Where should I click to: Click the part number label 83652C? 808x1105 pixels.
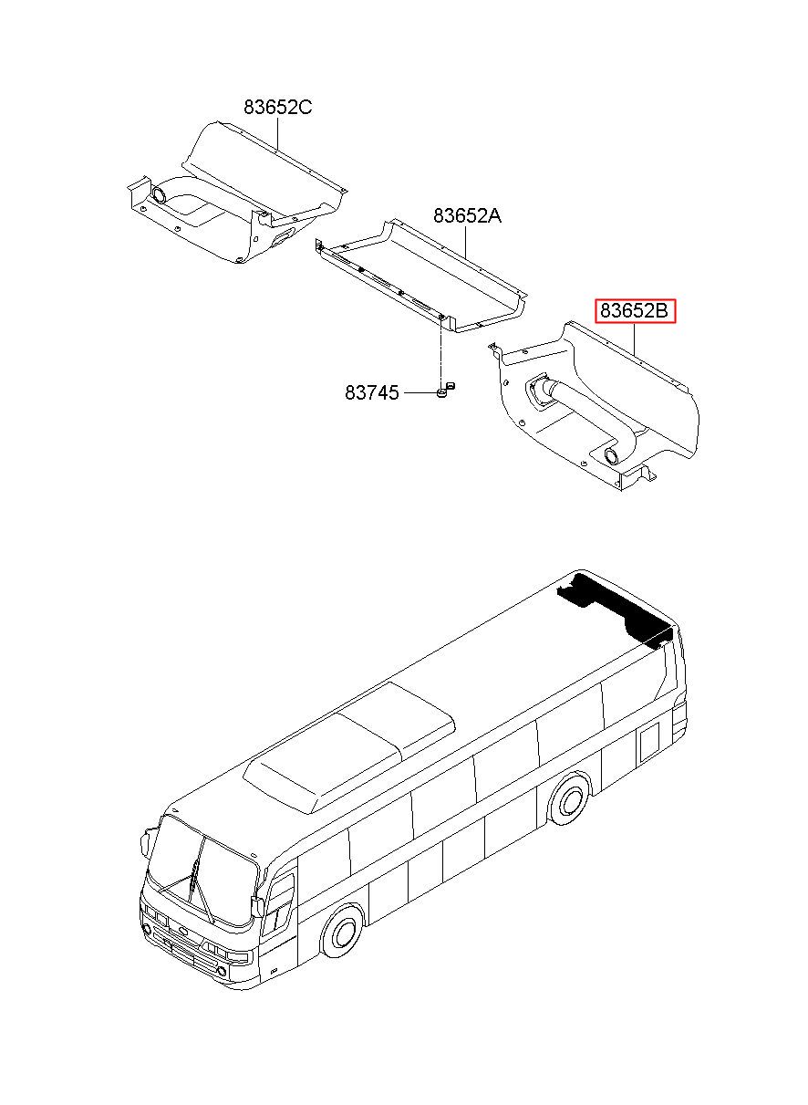tap(277, 108)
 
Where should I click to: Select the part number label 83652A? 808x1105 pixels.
tap(467, 216)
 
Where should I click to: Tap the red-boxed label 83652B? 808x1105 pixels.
tap(635, 312)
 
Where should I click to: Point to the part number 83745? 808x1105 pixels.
tap(372, 392)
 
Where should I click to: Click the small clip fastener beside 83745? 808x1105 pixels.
tap(444, 391)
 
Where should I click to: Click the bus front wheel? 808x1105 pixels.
tap(343, 932)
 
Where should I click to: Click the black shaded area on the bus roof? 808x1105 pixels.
tap(620, 606)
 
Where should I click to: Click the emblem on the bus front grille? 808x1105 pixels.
tap(183, 932)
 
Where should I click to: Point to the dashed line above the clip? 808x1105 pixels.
tap(440, 351)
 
